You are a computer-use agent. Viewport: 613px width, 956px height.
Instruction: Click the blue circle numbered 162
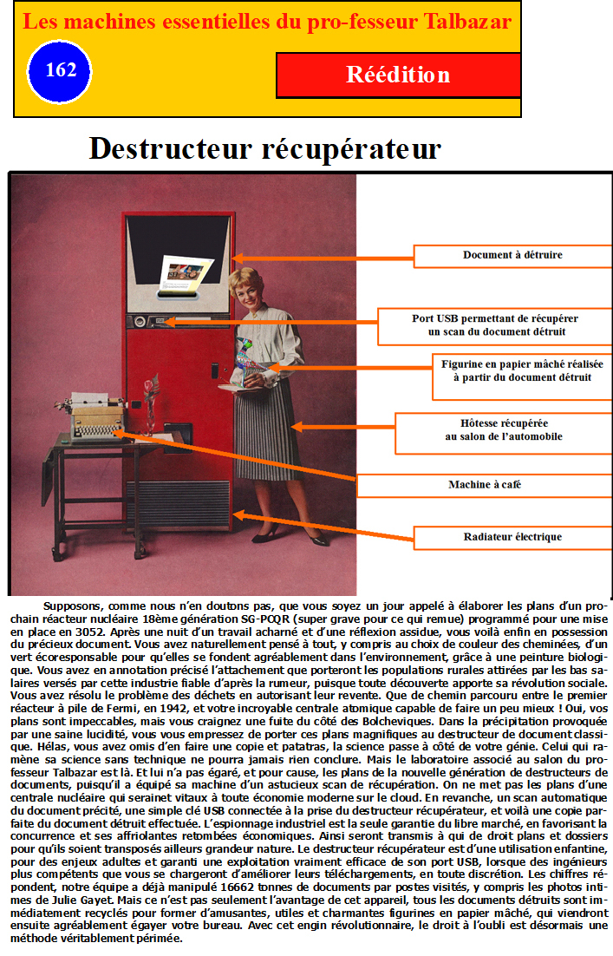coord(60,72)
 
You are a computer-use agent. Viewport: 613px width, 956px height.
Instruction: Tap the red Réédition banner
coord(399,75)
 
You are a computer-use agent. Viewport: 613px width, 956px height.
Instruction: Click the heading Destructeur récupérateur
coord(265,148)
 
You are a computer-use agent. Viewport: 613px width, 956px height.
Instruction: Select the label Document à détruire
coord(512,255)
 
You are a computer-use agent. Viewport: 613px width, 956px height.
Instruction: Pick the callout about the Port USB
coord(495,325)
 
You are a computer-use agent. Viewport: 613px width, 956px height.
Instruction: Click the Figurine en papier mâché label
coord(522,370)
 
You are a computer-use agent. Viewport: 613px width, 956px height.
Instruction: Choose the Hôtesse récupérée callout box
coord(503,429)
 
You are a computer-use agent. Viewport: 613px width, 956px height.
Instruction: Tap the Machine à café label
coord(485,485)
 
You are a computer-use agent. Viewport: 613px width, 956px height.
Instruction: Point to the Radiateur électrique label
coord(512,537)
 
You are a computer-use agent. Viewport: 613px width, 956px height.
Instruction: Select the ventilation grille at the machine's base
coord(178,504)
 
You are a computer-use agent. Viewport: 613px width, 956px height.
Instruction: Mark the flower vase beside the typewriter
coord(150,403)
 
